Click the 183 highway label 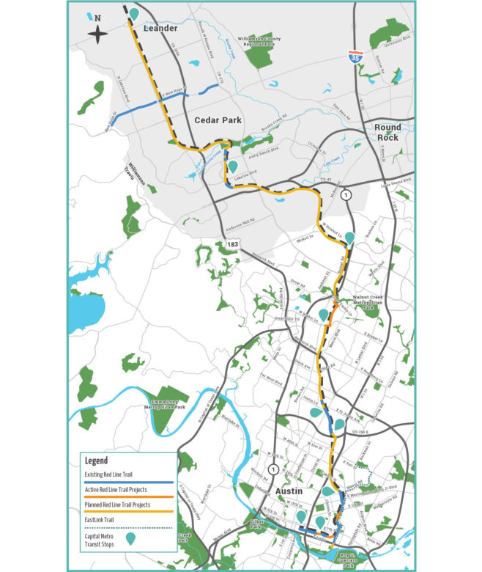pyautogui.click(x=232, y=243)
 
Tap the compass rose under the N pyautogui.click(x=98, y=32)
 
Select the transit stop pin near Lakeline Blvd pyautogui.click(x=233, y=167)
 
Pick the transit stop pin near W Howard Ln pyautogui.click(x=350, y=237)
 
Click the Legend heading pyautogui.click(x=97, y=461)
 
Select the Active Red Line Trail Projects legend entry pyautogui.click(x=127, y=491)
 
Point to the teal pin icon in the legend pyautogui.click(x=130, y=539)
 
